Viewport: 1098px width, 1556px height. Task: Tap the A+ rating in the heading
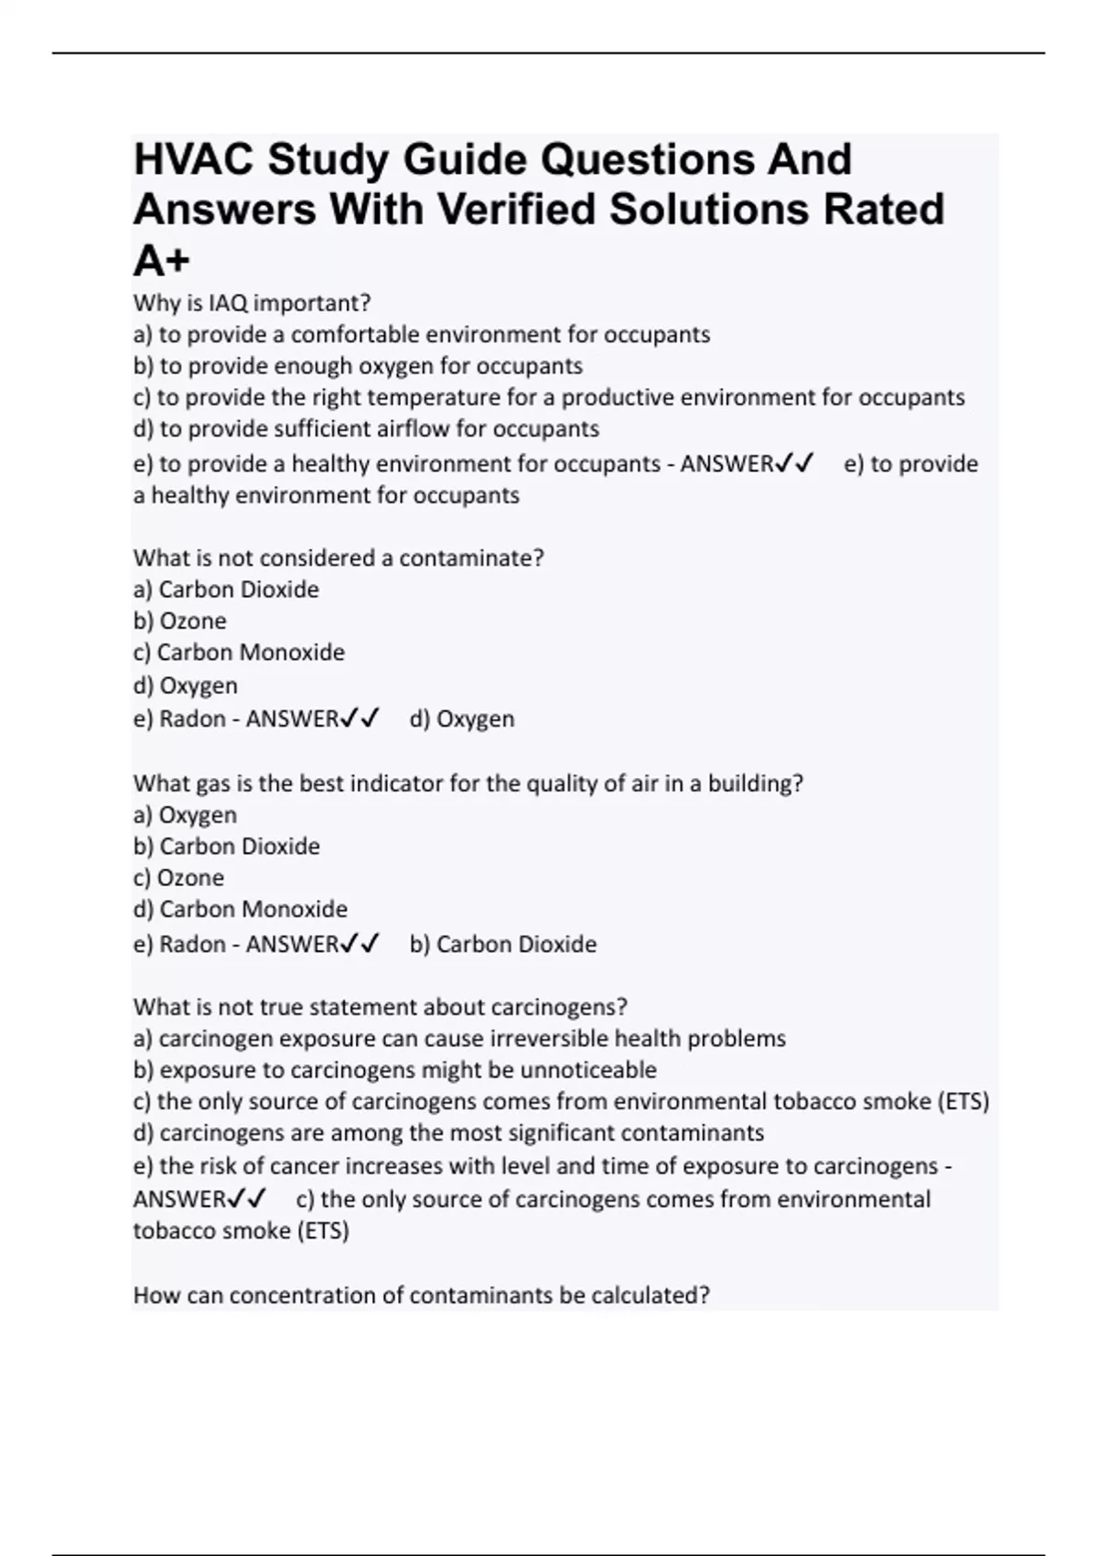(161, 262)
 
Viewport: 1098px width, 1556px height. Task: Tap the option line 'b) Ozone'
(179, 621)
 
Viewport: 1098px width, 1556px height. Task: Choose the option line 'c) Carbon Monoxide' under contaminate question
(239, 653)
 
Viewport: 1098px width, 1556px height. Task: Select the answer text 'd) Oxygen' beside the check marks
(462, 719)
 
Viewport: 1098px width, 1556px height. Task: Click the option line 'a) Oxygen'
(185, 815)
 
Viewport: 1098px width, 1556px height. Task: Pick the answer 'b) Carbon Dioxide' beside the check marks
(503, 945)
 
